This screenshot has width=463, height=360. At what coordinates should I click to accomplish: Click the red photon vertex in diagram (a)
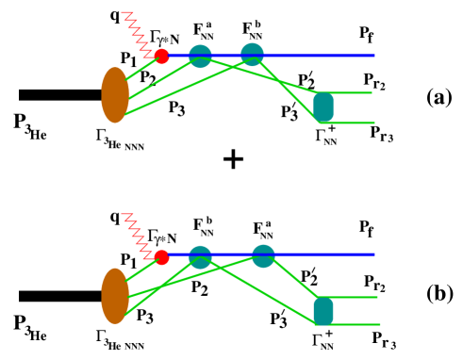click(162, 57)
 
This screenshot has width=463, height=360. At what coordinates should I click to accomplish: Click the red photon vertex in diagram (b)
click(162, 256)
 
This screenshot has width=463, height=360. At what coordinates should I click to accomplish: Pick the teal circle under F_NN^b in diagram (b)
click(200, 256)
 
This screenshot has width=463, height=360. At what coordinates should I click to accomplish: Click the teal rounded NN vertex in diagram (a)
click(323, 106)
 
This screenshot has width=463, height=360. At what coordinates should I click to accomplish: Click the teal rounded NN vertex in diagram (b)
click(323, 310)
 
